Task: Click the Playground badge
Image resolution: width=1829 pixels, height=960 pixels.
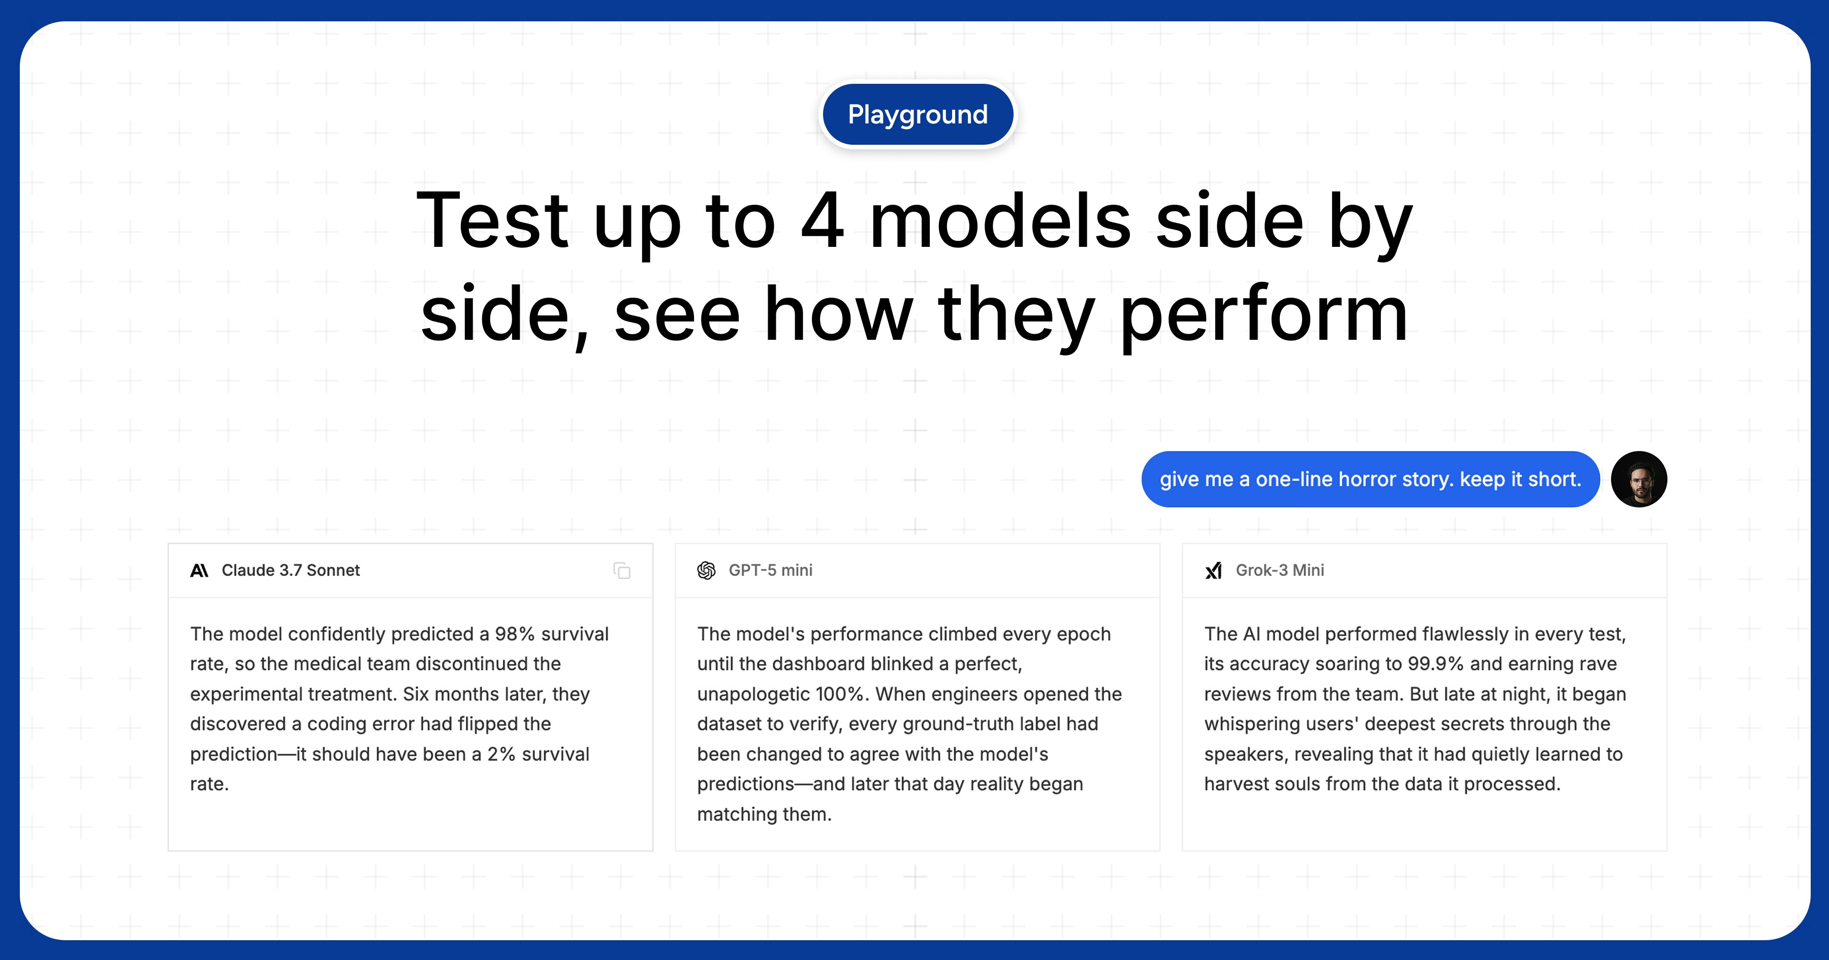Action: pyautogui.click(x=918, y=114)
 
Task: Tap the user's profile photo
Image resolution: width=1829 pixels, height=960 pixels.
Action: pyautogui.click(x=1638, y=479)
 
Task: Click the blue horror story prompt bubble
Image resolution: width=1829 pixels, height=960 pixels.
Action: pyautogui.click(x=1370, y=479)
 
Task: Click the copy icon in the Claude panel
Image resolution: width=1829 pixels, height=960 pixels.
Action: pyautogui.click(x=622, y=570)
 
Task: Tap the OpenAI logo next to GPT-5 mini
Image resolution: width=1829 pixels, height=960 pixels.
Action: pyautogui.click(x=707, y=570)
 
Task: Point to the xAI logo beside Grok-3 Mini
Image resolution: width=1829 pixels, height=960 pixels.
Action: pyautogui.click(x=1213, y=570)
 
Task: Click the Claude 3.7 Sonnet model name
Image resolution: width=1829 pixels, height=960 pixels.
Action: pyautogui.click(x=291, y=570)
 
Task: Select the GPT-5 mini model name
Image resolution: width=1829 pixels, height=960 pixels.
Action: pyautogui.click(x=770, y=570)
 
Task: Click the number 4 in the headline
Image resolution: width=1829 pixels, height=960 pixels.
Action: pyautogui.click(x=822, y=221)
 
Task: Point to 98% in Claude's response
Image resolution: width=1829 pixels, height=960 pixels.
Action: pyautogui.click(x=515, y=634)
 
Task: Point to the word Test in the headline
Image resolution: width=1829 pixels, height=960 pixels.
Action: pyautogui.click(x=492, y=221)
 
